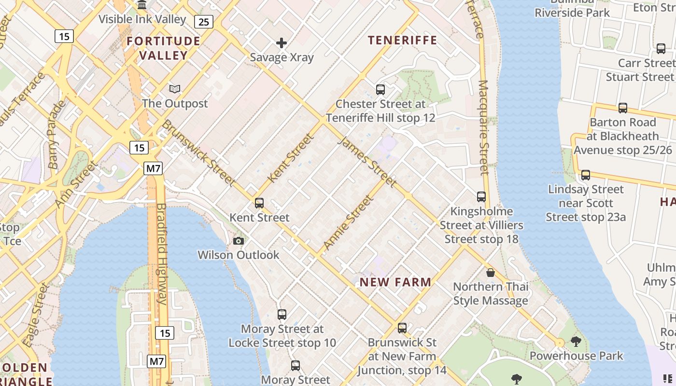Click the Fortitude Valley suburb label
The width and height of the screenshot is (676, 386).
pos(163,48)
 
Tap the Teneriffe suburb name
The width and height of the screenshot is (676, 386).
pos(402,40)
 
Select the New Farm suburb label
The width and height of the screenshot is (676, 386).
pos(395,282)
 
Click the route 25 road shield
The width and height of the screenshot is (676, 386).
pos(204,21)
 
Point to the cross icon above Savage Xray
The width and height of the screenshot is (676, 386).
pos(282,43)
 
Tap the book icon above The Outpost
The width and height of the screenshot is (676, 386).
pos(175,89)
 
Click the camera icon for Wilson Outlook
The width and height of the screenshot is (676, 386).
pos(239,241)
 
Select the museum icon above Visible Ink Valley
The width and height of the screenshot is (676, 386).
pos(142,5)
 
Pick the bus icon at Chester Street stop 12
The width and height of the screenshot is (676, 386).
pos(380,90)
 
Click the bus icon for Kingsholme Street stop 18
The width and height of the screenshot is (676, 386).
pos(481,197)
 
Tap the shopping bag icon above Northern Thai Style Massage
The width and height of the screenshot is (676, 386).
pos(491,273)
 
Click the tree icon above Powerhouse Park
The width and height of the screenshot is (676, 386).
pos(576,342)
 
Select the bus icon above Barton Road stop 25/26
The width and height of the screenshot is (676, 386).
pos(623,108)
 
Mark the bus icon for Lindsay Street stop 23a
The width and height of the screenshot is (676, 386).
pos(586,175)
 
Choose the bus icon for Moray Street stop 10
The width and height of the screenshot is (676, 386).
pos(282,315)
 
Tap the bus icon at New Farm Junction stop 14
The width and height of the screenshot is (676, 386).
pos(402,328)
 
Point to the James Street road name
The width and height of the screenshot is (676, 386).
pos(368,162)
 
